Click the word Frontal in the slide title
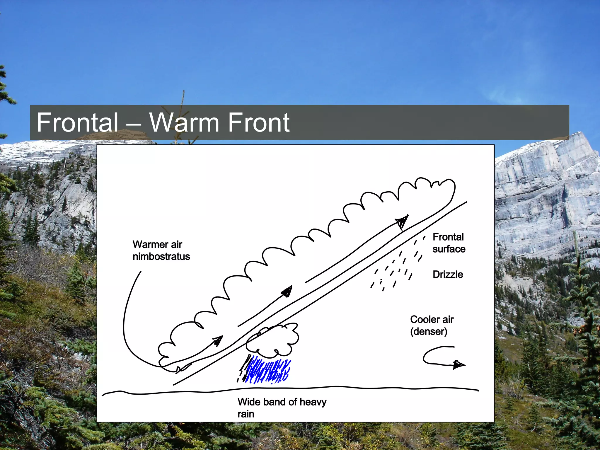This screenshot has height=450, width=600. tap(77, 122)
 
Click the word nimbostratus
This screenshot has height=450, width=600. tap(161, 257)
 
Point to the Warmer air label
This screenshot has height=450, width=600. tap(157, 244)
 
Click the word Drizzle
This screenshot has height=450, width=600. tap(448, 275)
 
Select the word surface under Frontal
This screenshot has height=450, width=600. tap(449, 249)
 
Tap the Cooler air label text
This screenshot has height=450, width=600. tap(432, 319)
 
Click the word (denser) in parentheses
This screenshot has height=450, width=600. tap(429, 332)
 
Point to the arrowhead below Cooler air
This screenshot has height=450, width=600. tap(458, 365)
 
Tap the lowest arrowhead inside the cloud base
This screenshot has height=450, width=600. tap(218, 341)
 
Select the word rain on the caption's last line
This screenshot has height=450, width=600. tap(246, 414)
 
